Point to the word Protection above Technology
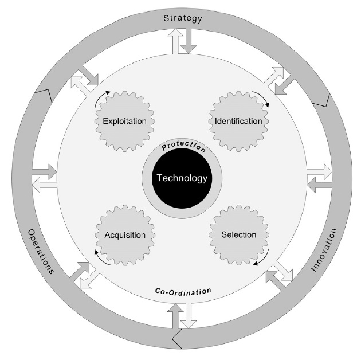182,147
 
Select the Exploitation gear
124,122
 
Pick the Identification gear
238,122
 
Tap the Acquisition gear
124,235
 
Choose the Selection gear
238,235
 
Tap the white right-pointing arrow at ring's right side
319,171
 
